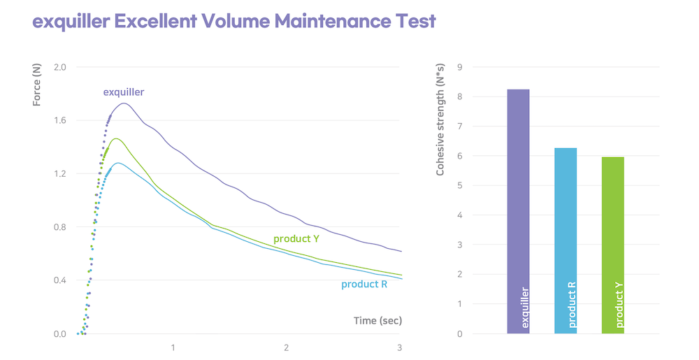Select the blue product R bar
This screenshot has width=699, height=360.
click(x=565, y=240)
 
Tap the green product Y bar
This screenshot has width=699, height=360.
click(x=612, y=245)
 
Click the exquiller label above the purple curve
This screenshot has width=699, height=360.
click(x=124, y=92)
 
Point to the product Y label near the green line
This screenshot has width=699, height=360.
click(x=296, y=239)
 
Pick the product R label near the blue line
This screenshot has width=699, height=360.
click(x=364, y=284)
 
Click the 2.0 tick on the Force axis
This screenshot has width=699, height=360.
click(x=59, y=67)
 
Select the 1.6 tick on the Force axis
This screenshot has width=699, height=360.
click(x=59, y=120)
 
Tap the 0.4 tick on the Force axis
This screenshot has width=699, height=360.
click(x=59, y=280)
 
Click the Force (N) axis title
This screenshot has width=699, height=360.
click(x=37, y=84)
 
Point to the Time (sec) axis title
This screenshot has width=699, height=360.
click(x=378, y=321)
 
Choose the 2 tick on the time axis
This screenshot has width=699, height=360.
click(x=287, y=347)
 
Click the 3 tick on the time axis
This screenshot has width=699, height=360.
click(x=399, y=347)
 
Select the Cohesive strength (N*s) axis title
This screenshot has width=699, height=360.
click(x=440, y=120)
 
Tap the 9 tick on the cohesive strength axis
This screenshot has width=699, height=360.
click(x=459, y=67)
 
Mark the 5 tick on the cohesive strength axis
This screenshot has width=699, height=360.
click(x=459, y=185)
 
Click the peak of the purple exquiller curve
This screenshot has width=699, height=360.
click(x=124, y=103)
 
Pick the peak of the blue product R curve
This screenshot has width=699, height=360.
click(x=118, y=163)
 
